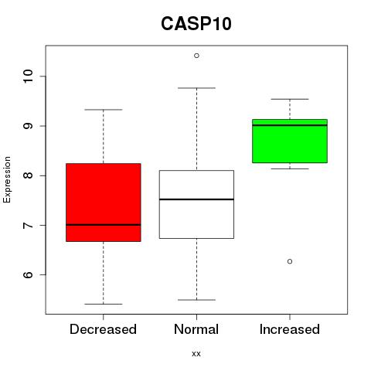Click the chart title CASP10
click(196, 24)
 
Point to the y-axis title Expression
click(7, 179)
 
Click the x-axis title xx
click(196, 353)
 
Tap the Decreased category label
click(103, 329)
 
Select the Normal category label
click(196, 329)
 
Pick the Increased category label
click(290, 329)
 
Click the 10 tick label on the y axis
click(28, 77)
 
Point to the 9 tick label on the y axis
click(28, 126)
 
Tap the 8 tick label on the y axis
click(28, 175)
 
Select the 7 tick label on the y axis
click(28, 225)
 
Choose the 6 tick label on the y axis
click(28, 274)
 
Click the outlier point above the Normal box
click(196, 56)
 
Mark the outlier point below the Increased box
click(290, 261)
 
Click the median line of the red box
click(104, 225)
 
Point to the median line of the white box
click(196, 199)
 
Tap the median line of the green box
click(290, 125)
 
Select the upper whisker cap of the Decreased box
click(104, 110)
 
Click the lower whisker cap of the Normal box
click(196, 300)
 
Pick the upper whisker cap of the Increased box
click(290, 99)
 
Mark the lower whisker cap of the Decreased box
click(104, 304)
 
